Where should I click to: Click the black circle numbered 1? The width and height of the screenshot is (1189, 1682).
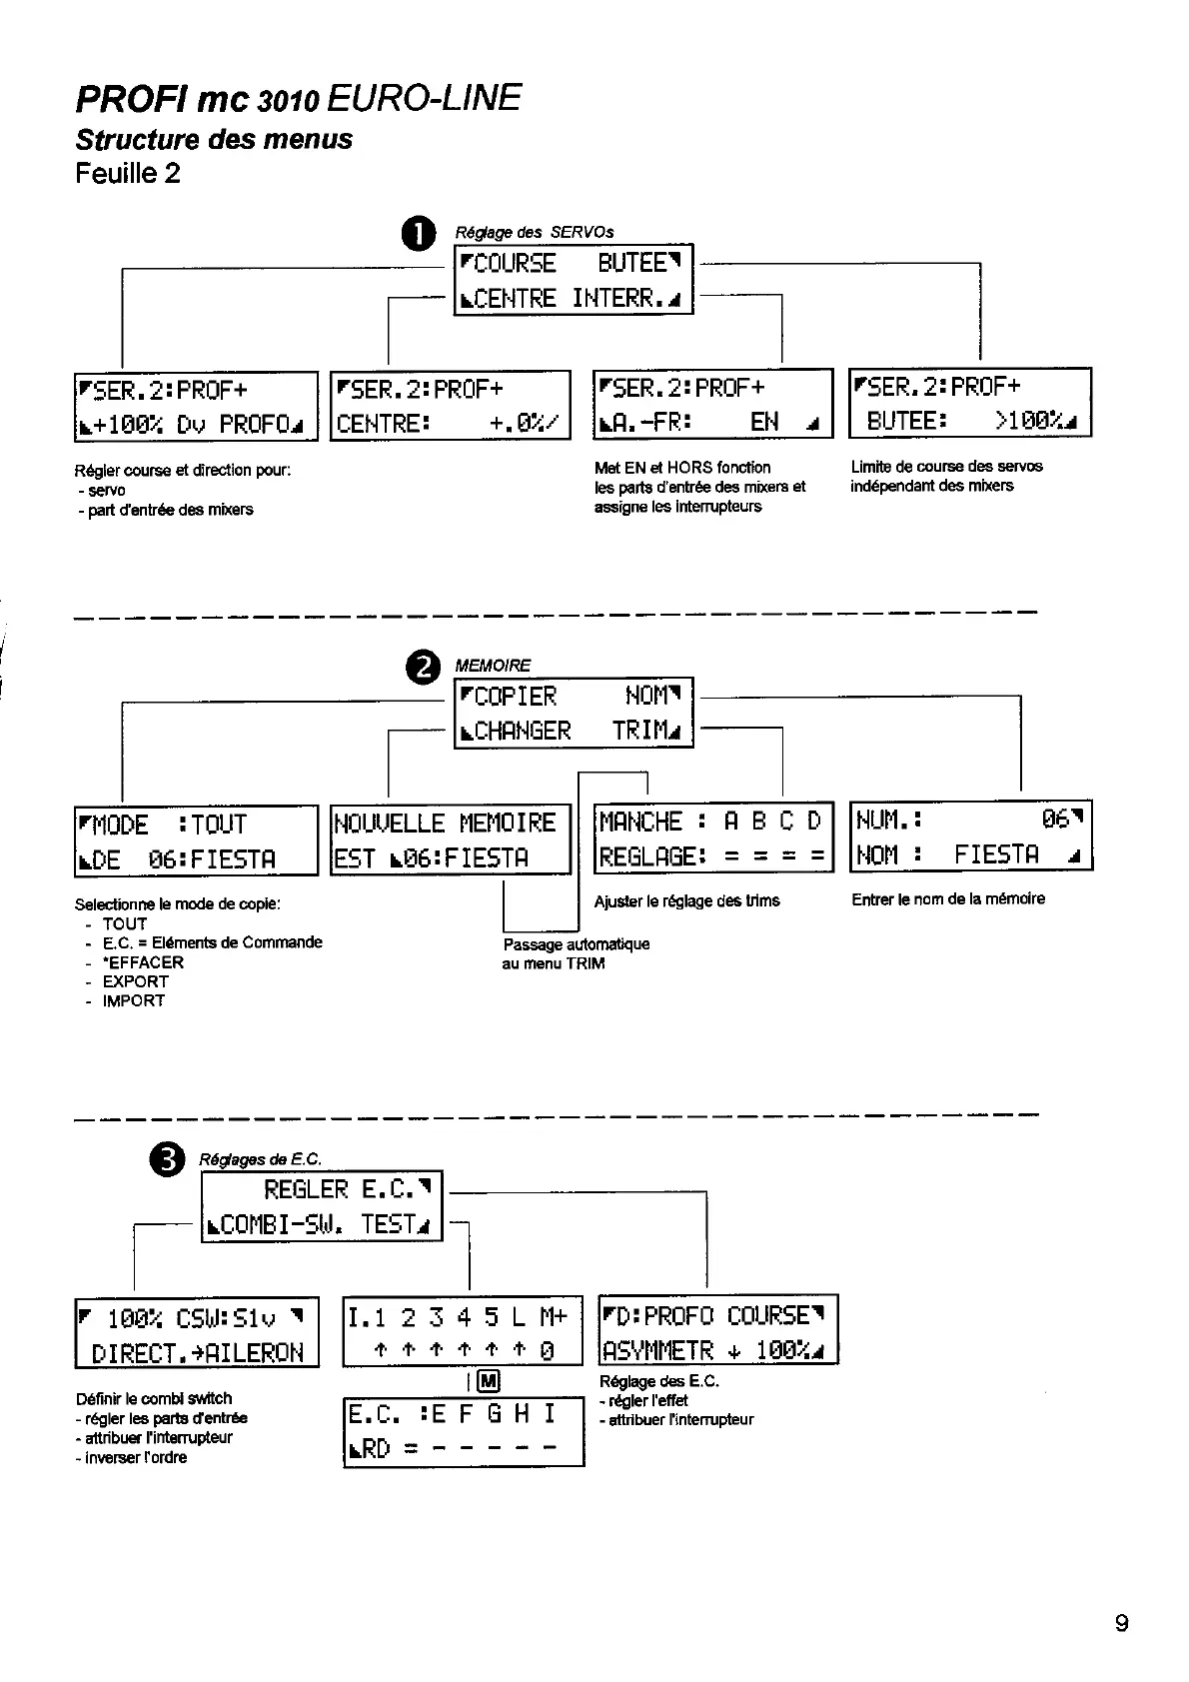[419, 235]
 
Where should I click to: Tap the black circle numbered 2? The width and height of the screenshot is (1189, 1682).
[423, 668]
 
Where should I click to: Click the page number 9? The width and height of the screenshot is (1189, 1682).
[1121, 1622]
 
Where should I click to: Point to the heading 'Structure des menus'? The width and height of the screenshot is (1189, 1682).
[214, 139]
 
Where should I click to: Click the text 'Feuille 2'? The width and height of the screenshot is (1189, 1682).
[128, 174]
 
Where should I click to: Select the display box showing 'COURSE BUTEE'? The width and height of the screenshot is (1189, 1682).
[574, 280]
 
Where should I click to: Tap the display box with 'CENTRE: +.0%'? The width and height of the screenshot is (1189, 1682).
[451, 405]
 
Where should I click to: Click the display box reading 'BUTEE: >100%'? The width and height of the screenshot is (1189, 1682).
[970, 403]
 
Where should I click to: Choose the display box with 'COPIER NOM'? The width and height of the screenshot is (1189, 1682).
[574, 714]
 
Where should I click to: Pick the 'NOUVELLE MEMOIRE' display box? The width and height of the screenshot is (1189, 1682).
[451, 840]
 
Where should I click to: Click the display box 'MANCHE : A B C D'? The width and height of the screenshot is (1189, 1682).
[713, 839]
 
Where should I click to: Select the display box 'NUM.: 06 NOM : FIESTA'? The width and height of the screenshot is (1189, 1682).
[970, 837]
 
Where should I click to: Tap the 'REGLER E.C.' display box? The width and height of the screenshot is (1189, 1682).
[322, 1206]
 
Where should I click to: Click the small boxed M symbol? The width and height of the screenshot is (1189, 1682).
[489, 1382]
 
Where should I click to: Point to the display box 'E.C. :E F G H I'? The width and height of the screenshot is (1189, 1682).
[464, 1431]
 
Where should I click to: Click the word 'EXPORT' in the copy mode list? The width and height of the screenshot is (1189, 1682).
[135, 981]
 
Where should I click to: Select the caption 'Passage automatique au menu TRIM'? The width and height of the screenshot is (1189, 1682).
[576, 953]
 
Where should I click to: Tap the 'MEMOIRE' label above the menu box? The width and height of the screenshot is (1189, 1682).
[493, 666]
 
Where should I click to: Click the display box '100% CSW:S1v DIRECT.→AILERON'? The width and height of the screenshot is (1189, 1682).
[197, 1333]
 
